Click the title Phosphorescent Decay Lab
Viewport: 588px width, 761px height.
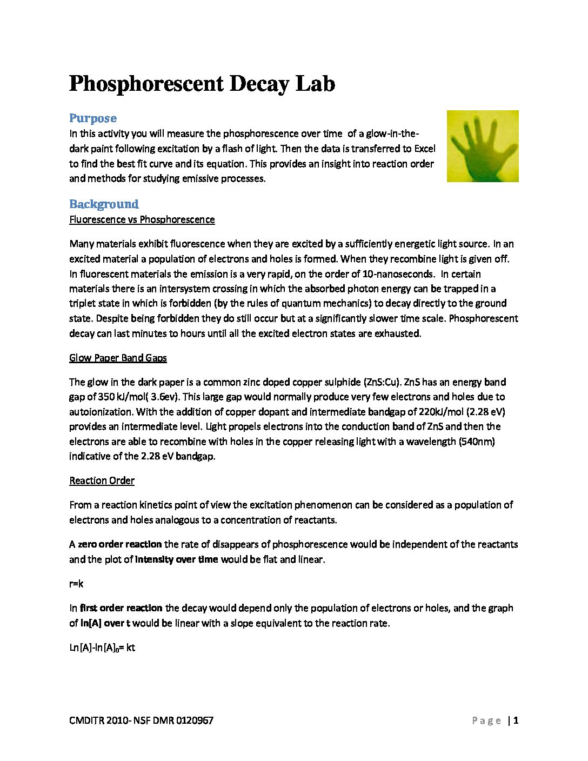(x=202, y=84)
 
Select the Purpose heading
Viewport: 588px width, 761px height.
(x=92, y=118)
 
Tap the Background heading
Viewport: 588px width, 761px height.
(x=104, y=204)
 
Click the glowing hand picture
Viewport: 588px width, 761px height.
(x=483, y=146)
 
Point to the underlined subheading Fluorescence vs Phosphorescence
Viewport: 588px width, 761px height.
(x=142, y=219)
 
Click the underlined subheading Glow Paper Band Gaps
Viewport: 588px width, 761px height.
(x=118, y=358)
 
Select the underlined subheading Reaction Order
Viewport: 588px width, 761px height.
(x=102, y=480)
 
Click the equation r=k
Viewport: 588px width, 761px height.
(x=76, y=584)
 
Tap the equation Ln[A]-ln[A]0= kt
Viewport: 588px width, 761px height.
(x=102, y=647)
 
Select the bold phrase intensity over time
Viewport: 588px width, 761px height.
(x=176, y=559)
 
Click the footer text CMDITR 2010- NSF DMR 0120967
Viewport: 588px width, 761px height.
(x=141, y=720)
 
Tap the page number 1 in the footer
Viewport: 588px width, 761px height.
(x=516, y=720)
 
